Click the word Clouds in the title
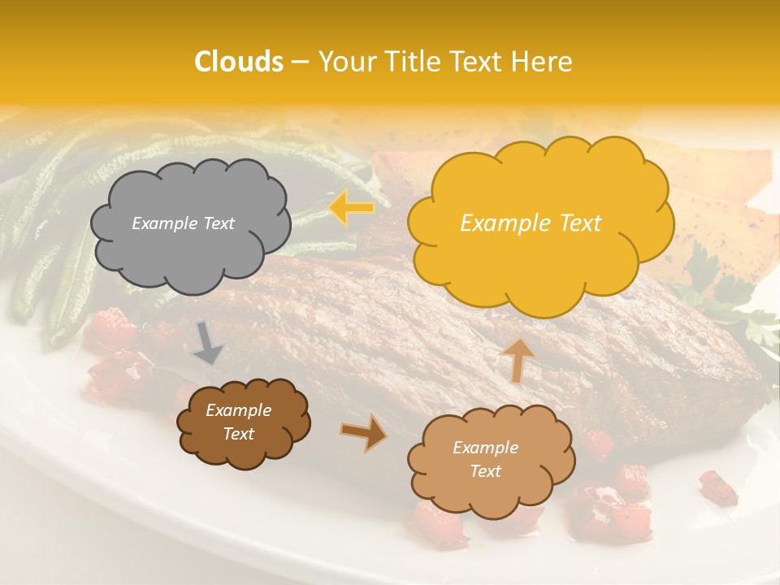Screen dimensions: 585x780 tap(239, 62)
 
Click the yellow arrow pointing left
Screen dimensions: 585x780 tap(351, 209)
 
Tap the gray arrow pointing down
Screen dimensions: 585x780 tap(207, 344)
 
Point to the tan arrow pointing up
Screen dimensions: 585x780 tap(518, 359)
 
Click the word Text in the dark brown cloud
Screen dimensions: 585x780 tap(239, 434)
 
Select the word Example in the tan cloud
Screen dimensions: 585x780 tap(485, 448)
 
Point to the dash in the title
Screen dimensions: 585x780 tap(300, 63)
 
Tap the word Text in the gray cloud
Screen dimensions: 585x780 tap(218, 223)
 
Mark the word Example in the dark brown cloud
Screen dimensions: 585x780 tap(239, 410)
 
